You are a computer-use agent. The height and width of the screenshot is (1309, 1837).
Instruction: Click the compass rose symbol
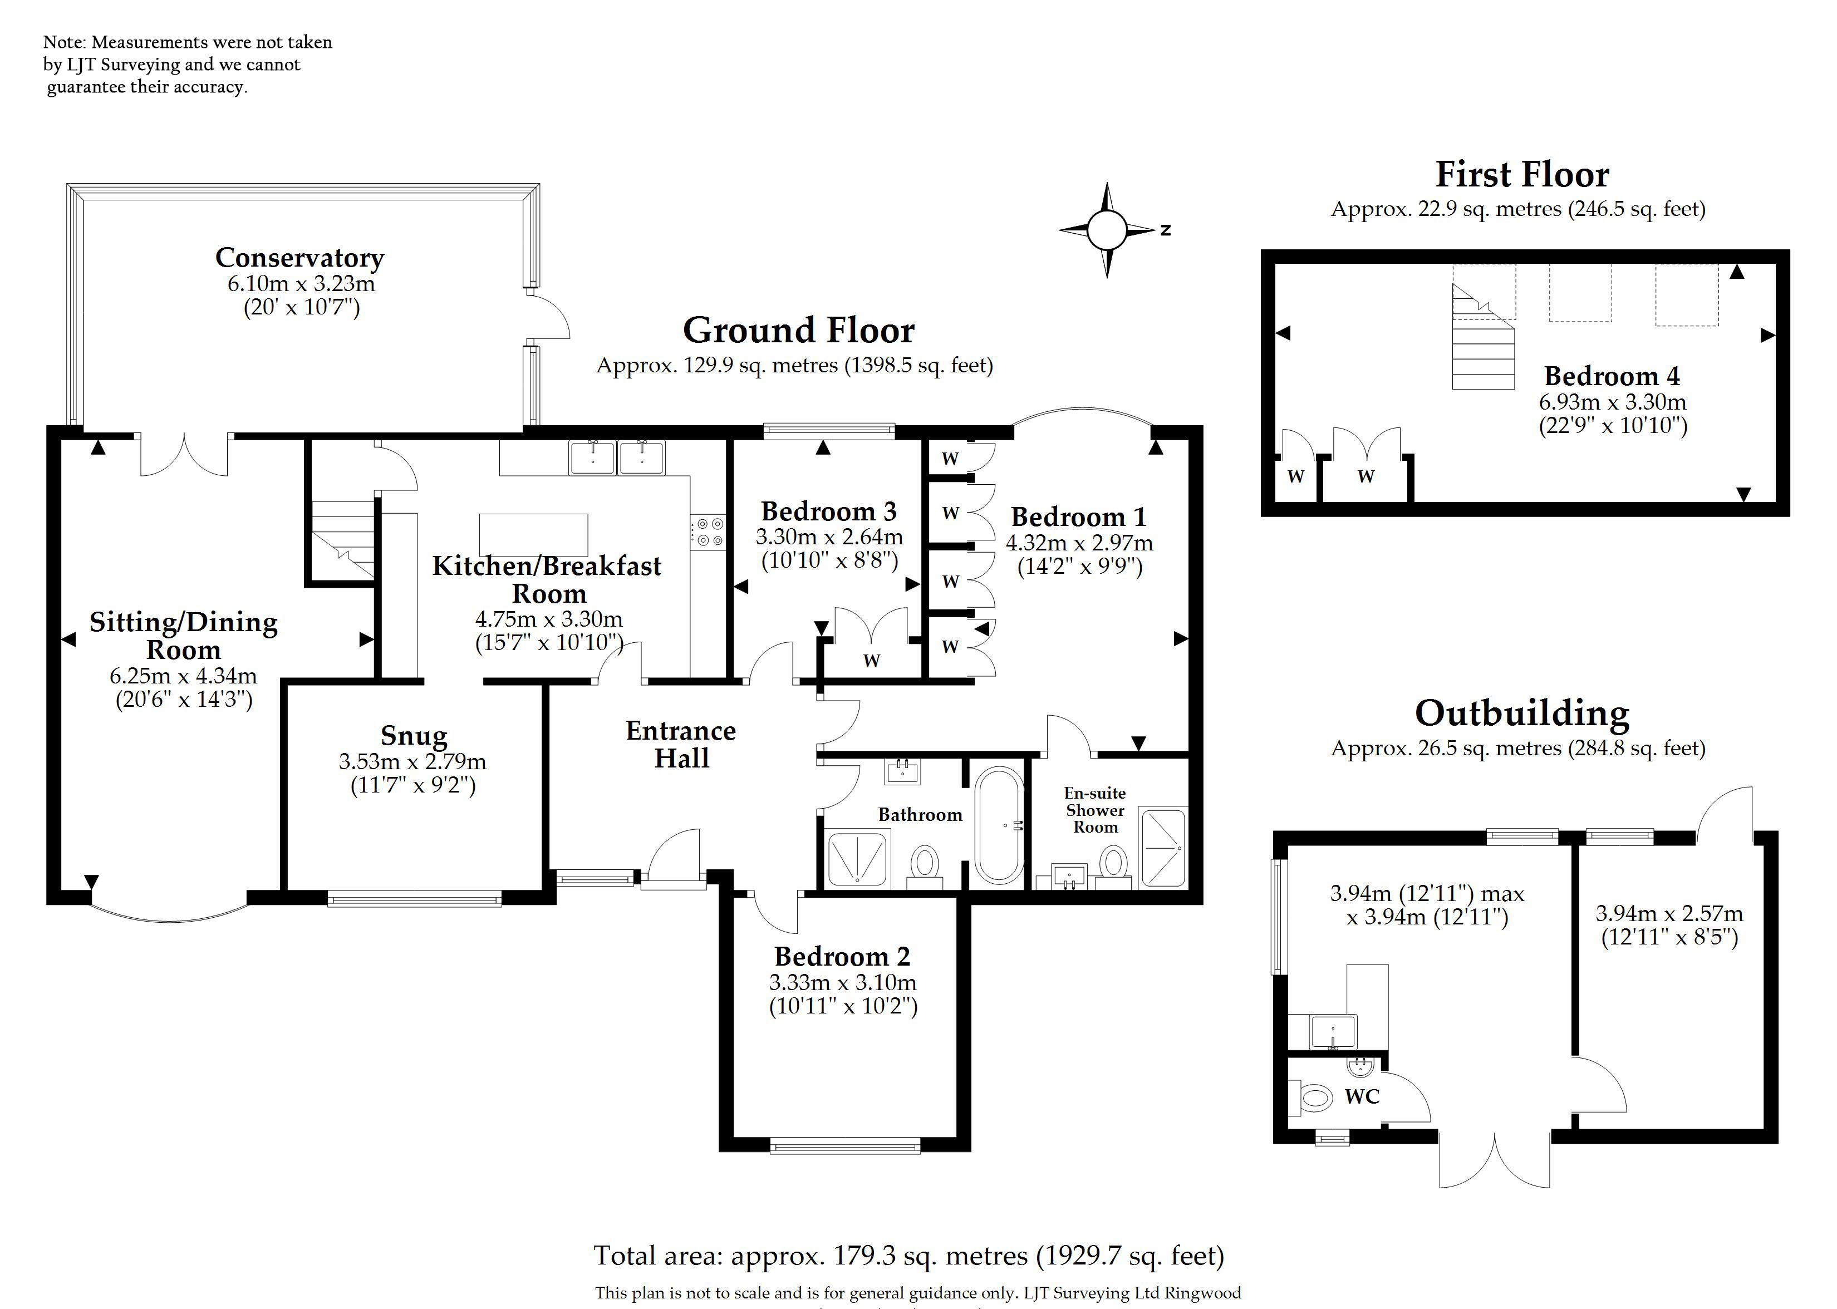coord(1107,230)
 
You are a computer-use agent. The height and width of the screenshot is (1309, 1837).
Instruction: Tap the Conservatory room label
coord(300,257)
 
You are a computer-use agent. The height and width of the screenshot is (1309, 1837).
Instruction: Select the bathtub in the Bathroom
coord(1000,825)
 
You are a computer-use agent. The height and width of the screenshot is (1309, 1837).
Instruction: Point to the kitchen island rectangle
coord(534,534)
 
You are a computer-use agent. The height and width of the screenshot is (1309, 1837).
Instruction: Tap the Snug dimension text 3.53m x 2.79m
coord(412,761)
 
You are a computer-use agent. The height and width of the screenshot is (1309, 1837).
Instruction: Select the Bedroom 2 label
coord(842,956)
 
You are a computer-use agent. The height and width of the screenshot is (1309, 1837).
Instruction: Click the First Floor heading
coord(1522,174)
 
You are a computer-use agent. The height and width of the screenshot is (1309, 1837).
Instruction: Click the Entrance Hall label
coord(681,744)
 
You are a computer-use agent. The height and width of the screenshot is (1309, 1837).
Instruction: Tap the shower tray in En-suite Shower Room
coord(1163,848)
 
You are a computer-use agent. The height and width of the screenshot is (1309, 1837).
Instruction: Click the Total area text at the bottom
coord(909,1255)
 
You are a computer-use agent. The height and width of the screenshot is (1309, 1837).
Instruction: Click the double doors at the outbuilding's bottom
coord(1495,1161)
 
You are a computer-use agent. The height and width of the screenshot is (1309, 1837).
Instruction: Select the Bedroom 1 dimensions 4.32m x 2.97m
coord(1079,543)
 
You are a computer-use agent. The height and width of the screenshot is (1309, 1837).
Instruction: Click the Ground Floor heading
coord(799,331)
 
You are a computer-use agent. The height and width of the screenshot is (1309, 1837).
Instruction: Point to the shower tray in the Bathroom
coord(858,858)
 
